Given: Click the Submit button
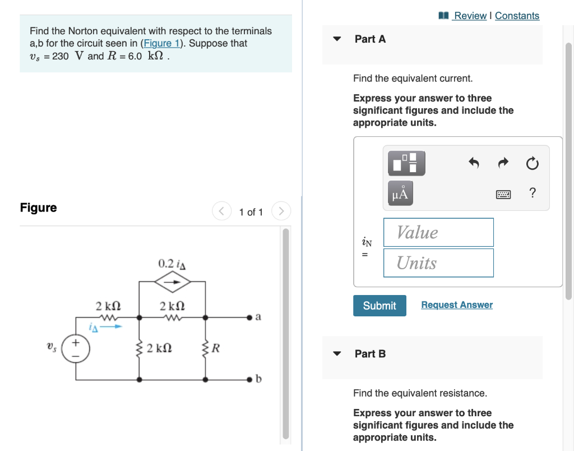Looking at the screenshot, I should click(379, 306).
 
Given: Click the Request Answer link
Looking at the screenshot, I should click(456, 305).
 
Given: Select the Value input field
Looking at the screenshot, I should click(438, 232).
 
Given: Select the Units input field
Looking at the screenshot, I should click(438, 263).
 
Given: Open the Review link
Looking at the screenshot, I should click(469, 16).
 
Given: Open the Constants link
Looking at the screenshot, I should click(517, 16).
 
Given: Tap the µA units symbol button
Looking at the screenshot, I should click(401, 194).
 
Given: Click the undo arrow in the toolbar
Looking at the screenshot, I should click(474, 164).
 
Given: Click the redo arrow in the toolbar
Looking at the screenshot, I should click(503, 164).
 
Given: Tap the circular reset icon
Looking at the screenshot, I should click(532, 164).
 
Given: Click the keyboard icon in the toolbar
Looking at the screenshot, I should click(503, 194).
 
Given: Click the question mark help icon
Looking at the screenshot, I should click(532, 194).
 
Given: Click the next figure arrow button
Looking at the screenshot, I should click(281, 211).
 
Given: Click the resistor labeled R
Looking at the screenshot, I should click(206, 348).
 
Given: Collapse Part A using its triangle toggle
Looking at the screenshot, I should click(337, 39).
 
